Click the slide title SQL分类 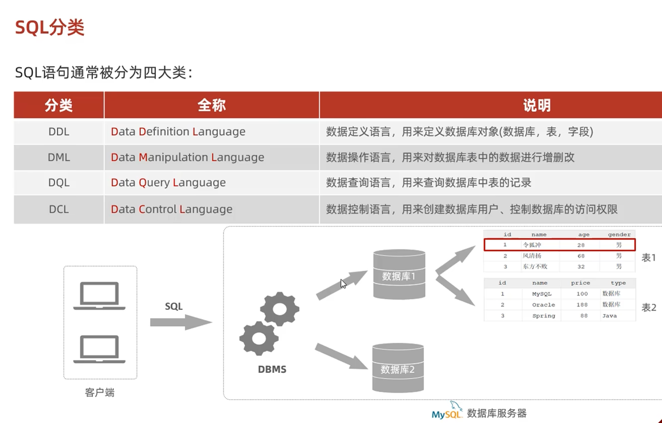(x=49, y=28)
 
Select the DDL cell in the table (x=59, y=131)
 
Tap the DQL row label (x=59, y=182)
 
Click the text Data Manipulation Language (x=187, y=157)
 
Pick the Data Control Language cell (x=171, y=209)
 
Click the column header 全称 (x=211, y=105)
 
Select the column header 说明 (x=537, y=105)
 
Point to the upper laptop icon (x=99, y=295)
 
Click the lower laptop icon (x=99, y=349)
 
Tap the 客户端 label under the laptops (x=100, y=392)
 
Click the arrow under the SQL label (x=181, y=322)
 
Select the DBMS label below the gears (x=272, y=369)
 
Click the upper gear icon (x=279, y=309)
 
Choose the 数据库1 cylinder (x=399, y=275)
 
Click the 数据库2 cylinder (x=398, y=368)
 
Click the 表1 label (x=648, y=258)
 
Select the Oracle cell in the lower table (x=543, y=305)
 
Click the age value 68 (x=581, y=256)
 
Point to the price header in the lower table (x=580, y=283)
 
